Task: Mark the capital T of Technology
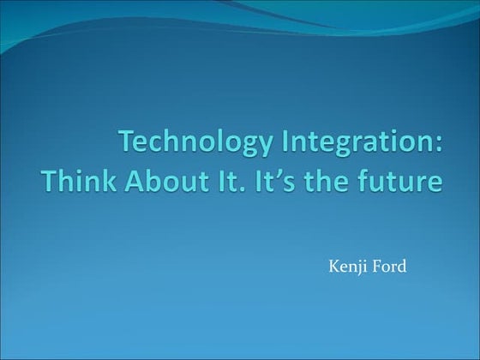coord(125,141)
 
